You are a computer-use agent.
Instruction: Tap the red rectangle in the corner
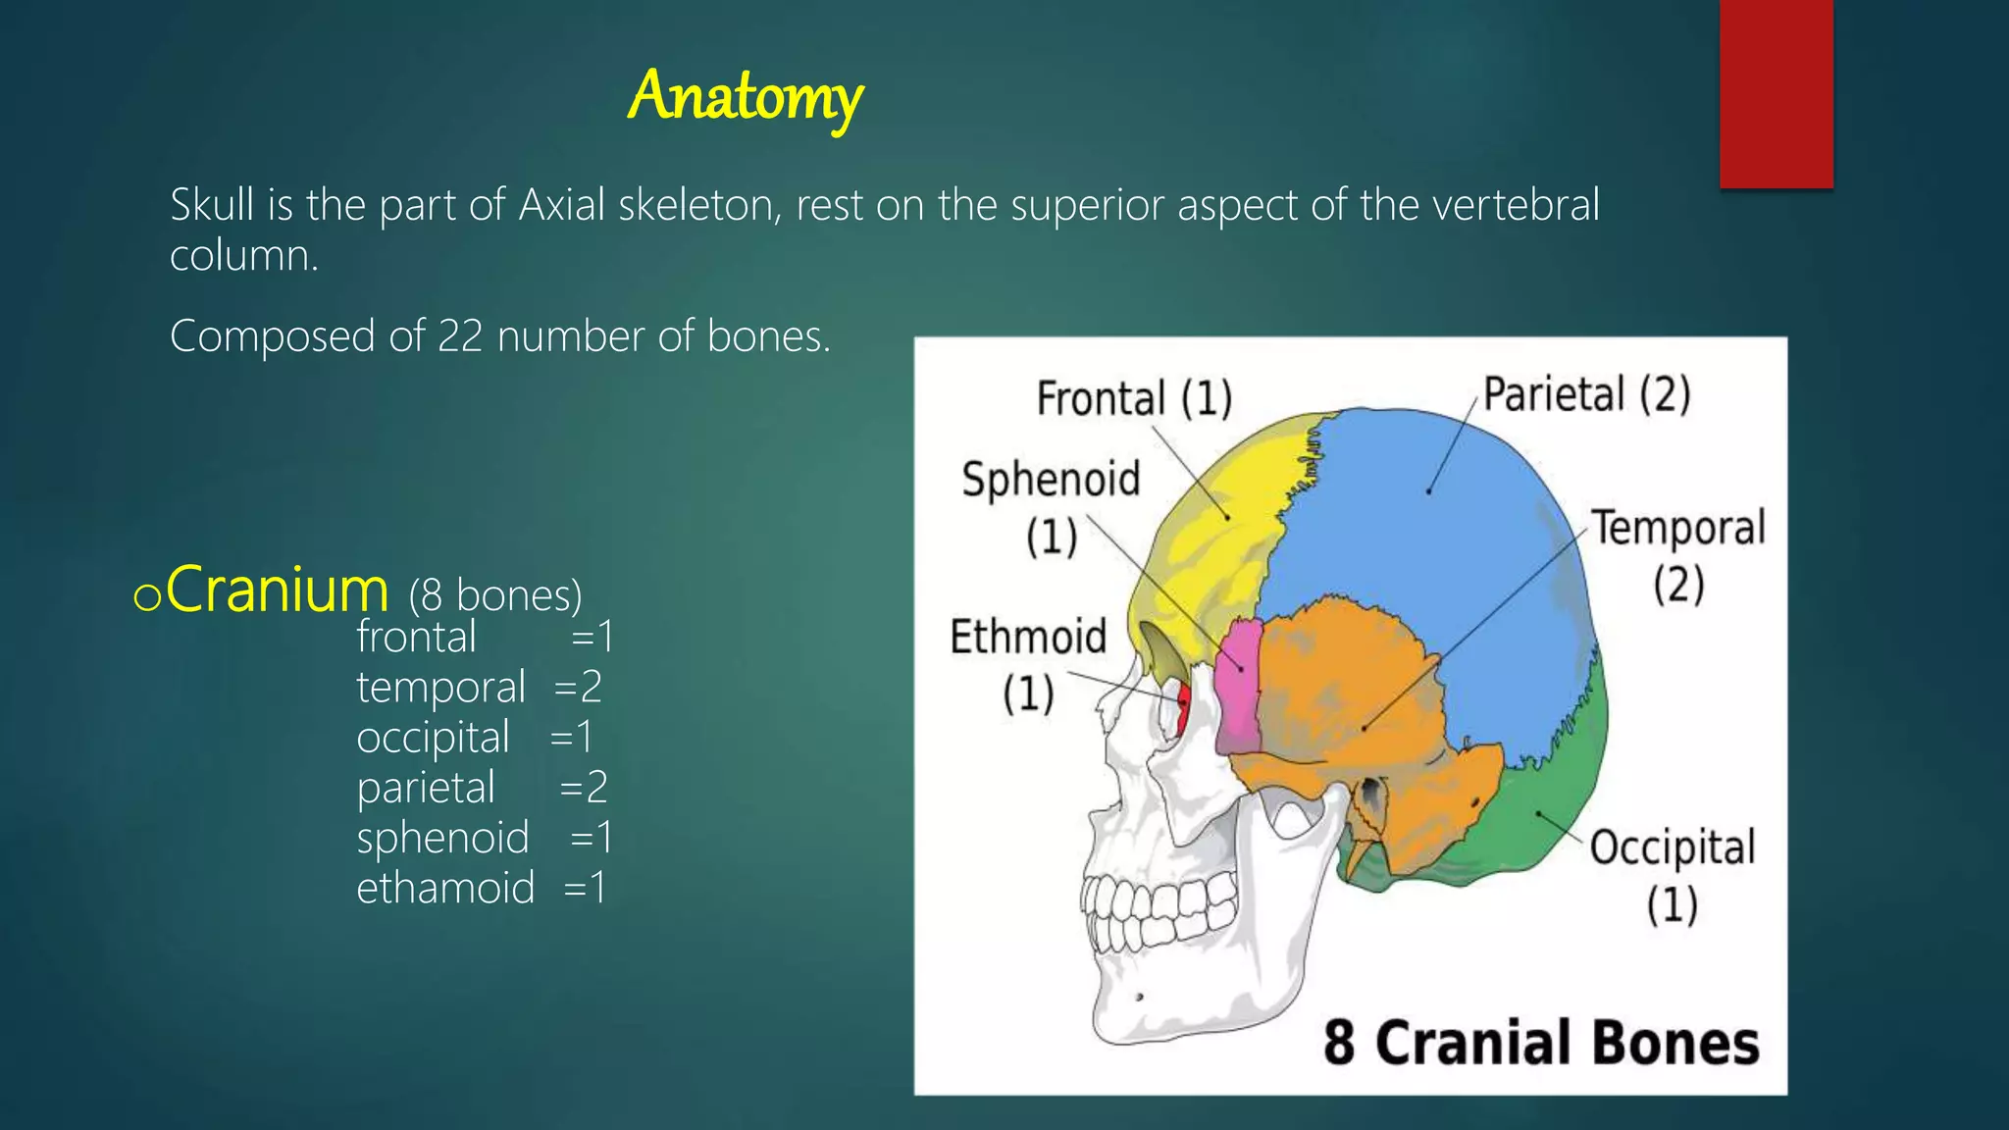tap(1776, 93)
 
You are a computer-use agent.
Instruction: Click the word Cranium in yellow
tap(278, 591)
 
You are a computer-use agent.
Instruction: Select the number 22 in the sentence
tap(460, 336)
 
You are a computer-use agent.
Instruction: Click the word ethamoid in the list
tap(445, 888)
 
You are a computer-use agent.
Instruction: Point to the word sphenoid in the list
tap(442, 838)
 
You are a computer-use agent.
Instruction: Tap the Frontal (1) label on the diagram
tap(1134, 398)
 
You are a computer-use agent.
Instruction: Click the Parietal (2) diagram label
tap(1586, 394)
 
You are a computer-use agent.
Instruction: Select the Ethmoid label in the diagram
tap(1028, 638)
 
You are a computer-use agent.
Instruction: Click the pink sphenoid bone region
tap(1238, 687)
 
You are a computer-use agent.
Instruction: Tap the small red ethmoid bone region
tap(1184, 708)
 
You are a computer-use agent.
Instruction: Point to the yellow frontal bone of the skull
tap(1216, 549)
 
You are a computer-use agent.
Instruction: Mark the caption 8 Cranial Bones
tap(1540, 1043)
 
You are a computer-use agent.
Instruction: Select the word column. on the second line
tap(244, 256)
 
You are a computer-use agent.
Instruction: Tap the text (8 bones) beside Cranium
tap(495, 595)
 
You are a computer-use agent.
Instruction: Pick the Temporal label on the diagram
tap(1677, 529)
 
